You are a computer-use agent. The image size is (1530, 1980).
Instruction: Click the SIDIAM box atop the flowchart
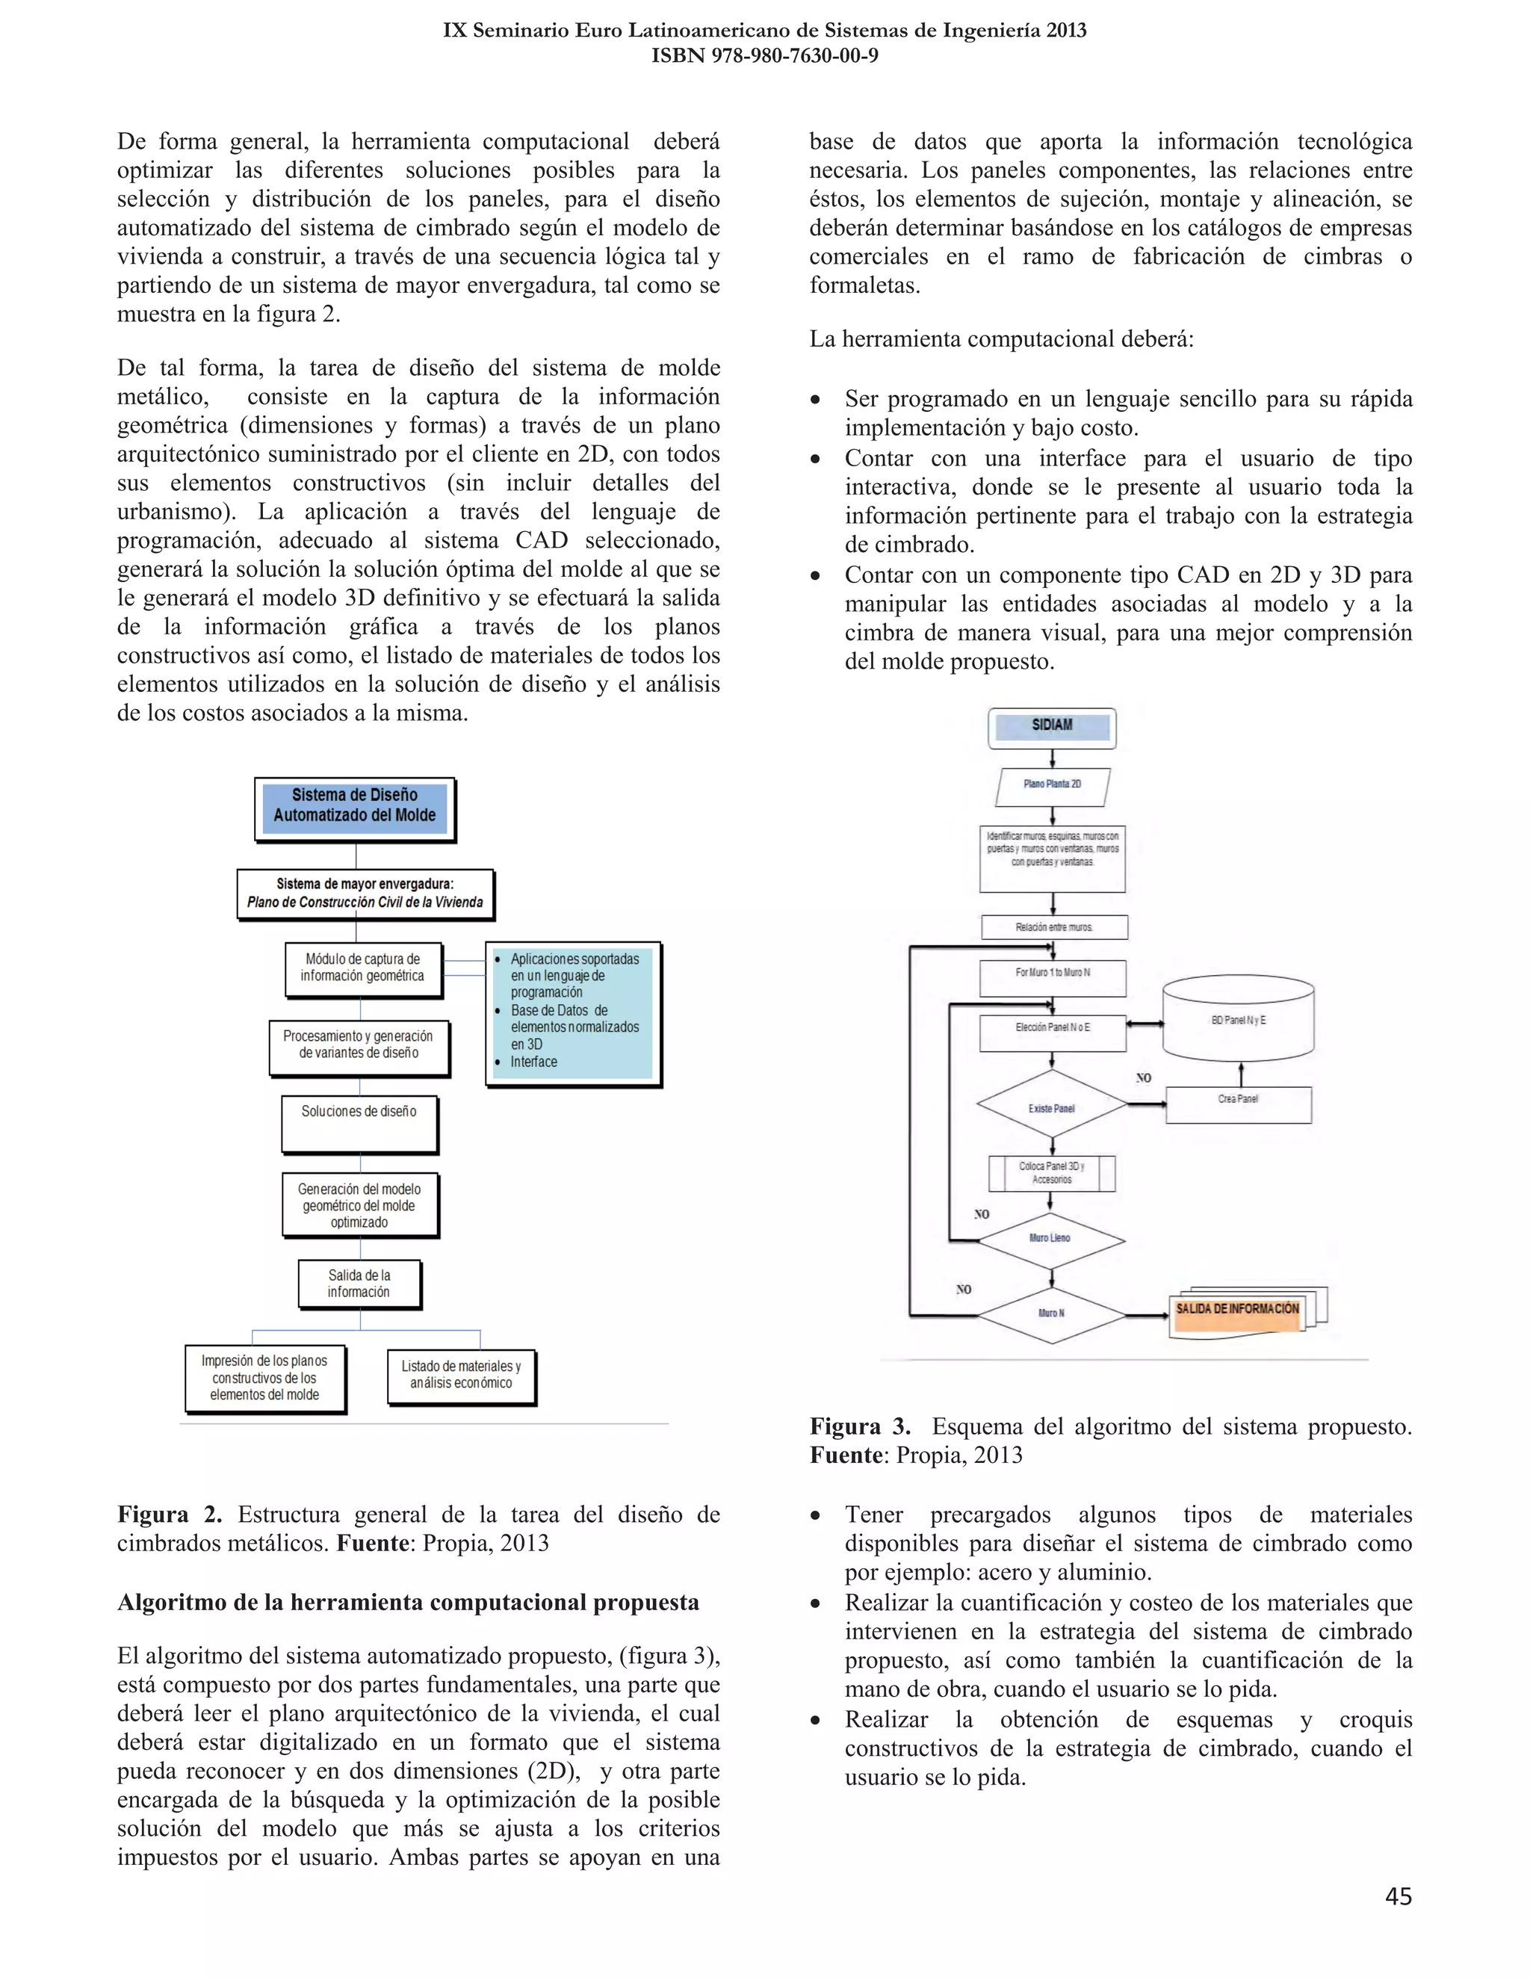tap(1051, 727)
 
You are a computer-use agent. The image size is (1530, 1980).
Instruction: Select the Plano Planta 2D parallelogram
tap(1053, 785)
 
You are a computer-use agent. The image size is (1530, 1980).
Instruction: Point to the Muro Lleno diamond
tap(1050, 1238)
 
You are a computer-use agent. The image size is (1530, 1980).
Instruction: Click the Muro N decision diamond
tap(1051, 1314)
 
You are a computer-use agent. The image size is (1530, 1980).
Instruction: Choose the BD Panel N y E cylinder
tap(1238, 1021)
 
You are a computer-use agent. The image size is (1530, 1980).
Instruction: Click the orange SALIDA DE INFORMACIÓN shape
tap(1237, 1311)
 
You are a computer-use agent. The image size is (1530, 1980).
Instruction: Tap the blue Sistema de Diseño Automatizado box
tap(354, 807)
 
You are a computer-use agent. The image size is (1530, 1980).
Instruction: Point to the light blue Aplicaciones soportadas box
tap(573, 1012)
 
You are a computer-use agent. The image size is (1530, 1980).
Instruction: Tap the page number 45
tap(1398, 1896)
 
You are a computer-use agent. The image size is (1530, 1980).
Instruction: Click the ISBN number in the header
tap(764, 55)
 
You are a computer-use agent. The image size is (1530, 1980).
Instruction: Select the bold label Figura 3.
tap(859, 1427)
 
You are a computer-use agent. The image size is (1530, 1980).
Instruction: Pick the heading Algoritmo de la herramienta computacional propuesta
tap(408, 1602)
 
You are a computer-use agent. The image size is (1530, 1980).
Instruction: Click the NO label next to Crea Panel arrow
tap(1144, 1078)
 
